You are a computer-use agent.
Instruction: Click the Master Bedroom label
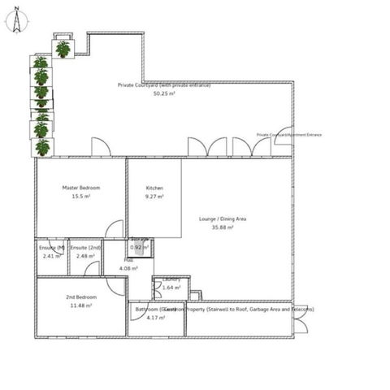(x=80, y=188)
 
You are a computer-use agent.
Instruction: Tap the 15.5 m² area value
(x=80, y=197)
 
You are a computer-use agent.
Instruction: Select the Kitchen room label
(x=154, y=188)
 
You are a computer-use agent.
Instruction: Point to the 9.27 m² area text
(x=154, y=197)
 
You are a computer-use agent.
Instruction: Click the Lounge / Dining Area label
(x=223, y=219)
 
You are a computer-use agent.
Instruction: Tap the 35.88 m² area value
(x=222, y=227)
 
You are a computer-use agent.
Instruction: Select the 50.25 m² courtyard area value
(x=166, y=93)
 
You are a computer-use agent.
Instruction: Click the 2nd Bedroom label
(x=81, y=297)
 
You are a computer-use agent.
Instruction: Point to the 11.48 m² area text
(x=81, y=306)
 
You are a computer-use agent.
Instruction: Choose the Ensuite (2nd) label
(x=85, y=247)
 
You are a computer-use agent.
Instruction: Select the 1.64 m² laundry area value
(x=171, y=288)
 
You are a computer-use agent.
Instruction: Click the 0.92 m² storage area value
(x=140, y=247)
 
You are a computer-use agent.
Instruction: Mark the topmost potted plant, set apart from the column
(x=63, y=49)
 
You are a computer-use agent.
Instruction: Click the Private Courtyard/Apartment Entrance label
(x=288, y=135)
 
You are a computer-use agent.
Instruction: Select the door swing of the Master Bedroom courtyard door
(x=101, y=148)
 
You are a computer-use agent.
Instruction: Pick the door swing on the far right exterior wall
(x=301, y=325)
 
